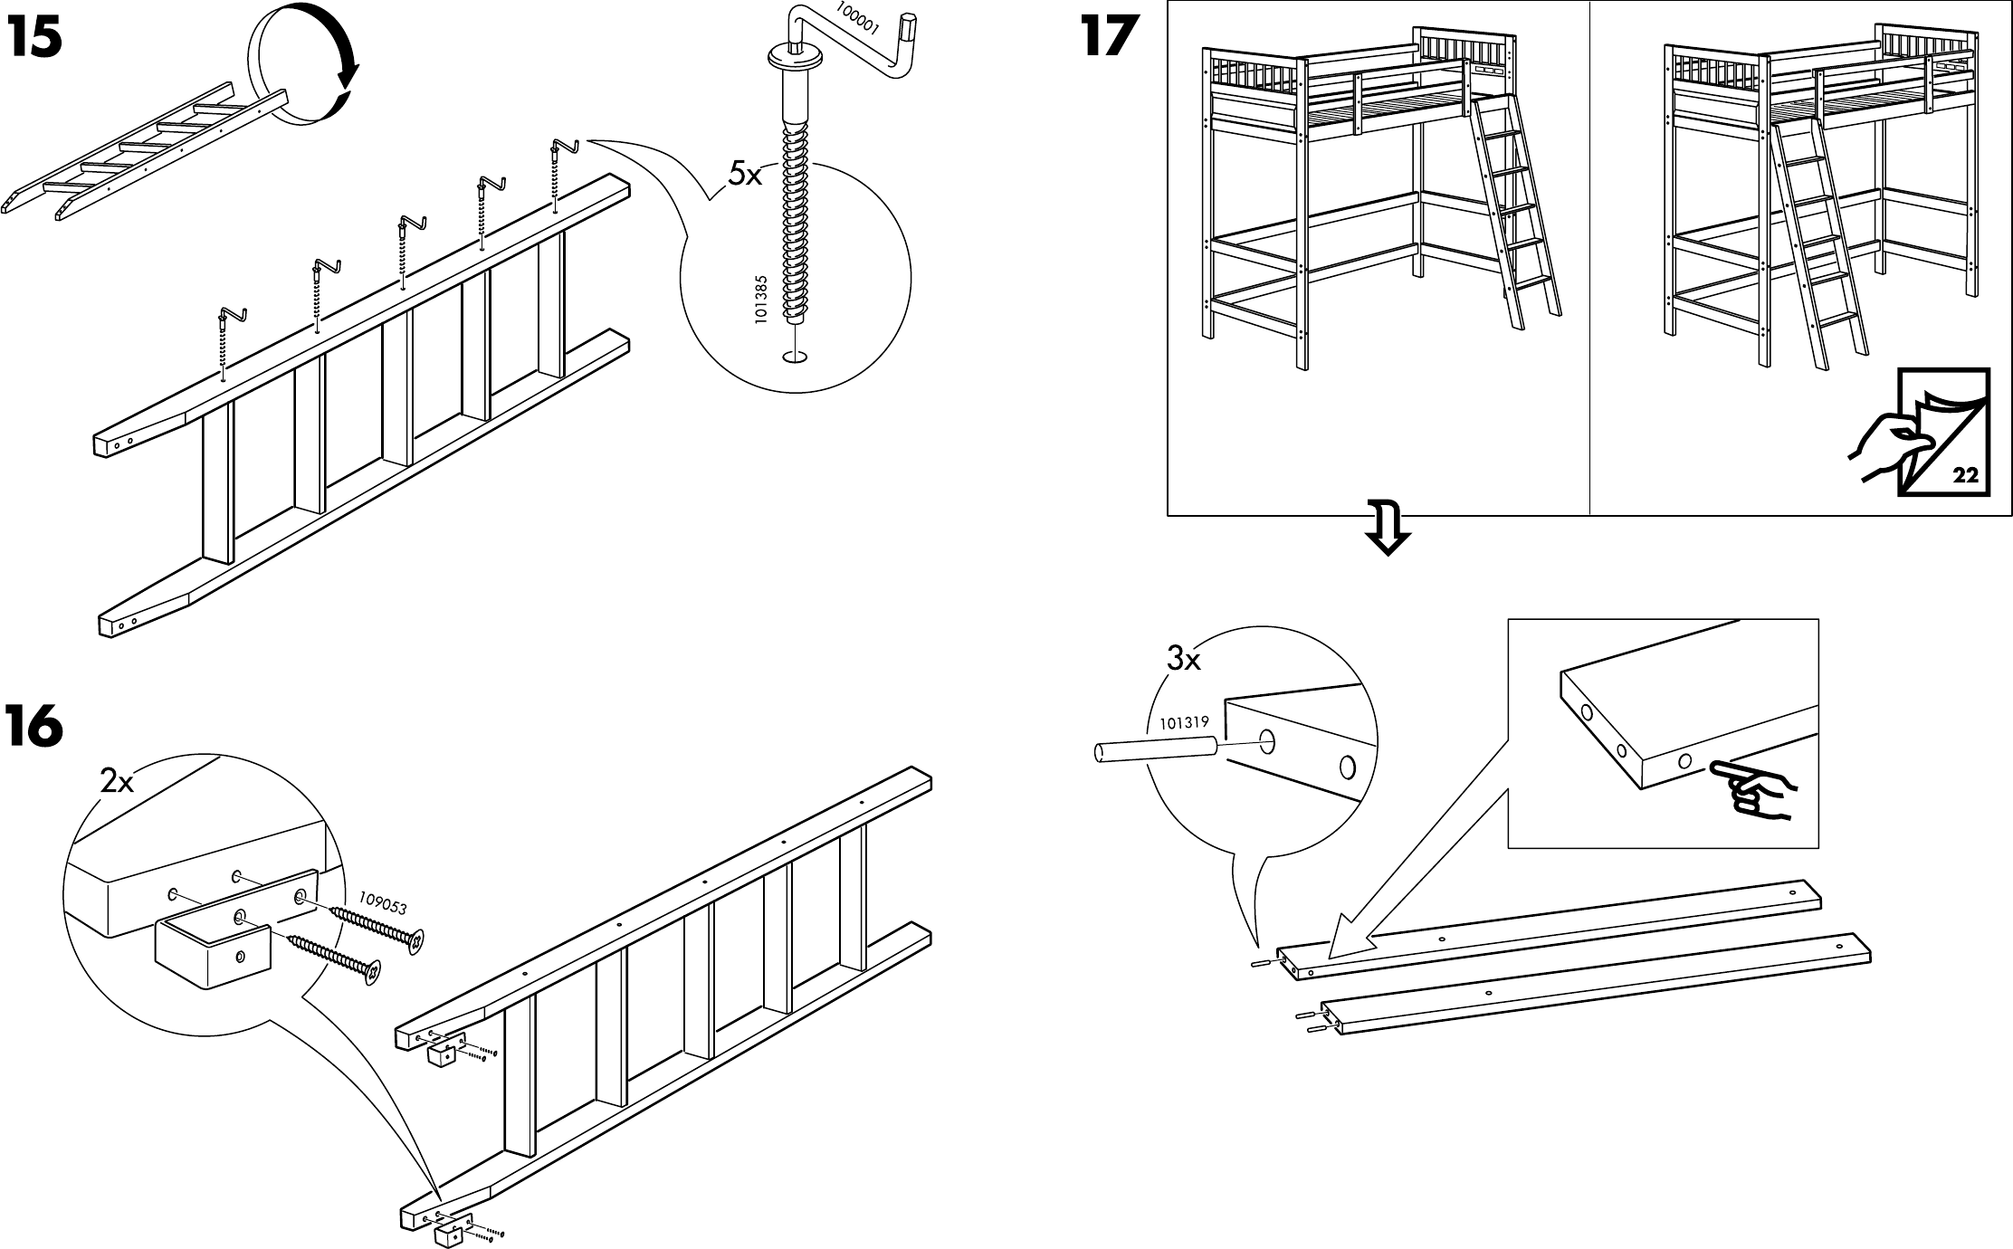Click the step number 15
[x=34, y=38]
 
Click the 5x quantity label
[x=745, y=175]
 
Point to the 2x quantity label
[x=117, y=780]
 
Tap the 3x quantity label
[x=1183, y=660]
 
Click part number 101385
[x=761, y=300]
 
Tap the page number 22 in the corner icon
[x=1965, y=474]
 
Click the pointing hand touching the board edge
[x=1751, y=788]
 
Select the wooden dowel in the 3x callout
[x=1154, y=751]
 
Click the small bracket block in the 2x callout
[x=214, y=953]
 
